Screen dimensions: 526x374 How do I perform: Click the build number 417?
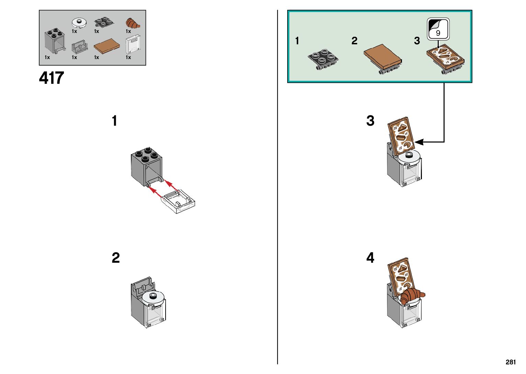52,78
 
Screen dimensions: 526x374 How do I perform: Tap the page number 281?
511,362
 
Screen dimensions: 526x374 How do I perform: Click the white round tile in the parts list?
79,23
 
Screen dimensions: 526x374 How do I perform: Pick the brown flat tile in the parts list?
107,46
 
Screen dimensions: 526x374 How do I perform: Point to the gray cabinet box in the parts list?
54,42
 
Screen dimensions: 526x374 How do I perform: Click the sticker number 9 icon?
438,29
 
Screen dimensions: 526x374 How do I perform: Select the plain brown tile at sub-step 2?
383,57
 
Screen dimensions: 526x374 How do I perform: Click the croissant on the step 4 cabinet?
412,296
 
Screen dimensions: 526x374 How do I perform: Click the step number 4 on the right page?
370,258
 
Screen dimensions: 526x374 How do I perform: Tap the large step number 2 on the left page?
116,258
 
